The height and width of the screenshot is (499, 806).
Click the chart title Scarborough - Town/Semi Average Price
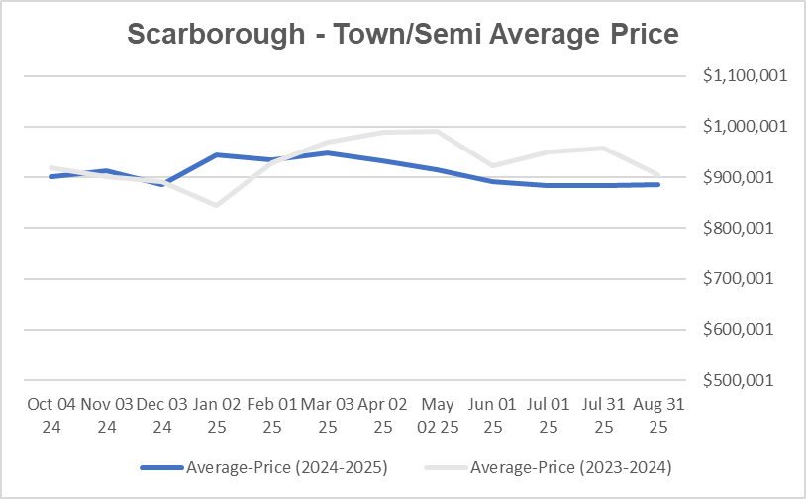(x=403, y=34)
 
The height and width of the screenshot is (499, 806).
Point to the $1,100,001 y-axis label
(x=745, y=76)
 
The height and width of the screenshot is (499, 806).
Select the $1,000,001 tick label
(x=745, y=127)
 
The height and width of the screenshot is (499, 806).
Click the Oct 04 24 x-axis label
(x=51, y=415)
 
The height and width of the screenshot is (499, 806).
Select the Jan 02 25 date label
(x=216, y=415)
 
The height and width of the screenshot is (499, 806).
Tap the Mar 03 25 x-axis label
(x=327, y=415)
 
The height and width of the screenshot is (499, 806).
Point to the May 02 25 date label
(x=437, y=415)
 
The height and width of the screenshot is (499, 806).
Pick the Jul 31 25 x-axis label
(x=603, y=415)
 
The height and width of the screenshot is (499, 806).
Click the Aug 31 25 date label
(x=658, y=415)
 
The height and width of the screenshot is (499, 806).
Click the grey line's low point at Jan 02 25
(x=216, y=205)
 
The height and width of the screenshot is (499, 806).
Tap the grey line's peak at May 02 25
(x=437, y=131)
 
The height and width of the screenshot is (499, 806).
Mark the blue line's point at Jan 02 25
(x=216, y=154)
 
